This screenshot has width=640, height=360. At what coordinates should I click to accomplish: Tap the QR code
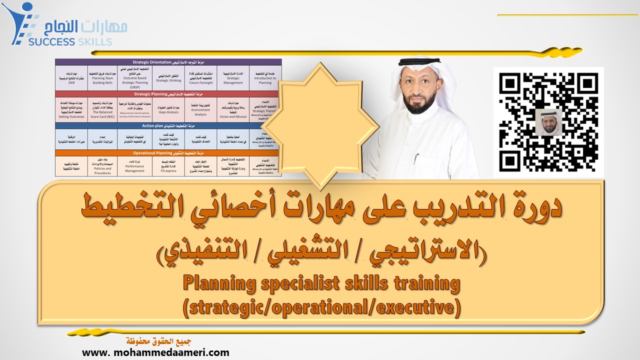tap(548, 121)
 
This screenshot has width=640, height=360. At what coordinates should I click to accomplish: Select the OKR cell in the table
tap(71, 78)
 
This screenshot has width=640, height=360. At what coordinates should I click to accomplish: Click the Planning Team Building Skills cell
tap(102, 78)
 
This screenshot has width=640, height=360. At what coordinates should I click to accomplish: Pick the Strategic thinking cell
tap(168, 78)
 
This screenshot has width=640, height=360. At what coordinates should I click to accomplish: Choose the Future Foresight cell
tap(201, 78)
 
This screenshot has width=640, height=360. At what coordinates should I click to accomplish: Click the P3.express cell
tap(168, 166)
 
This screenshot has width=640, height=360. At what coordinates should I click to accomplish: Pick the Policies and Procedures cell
tap(102, 166)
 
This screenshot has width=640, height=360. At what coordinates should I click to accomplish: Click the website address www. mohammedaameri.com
tap(155, 352)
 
